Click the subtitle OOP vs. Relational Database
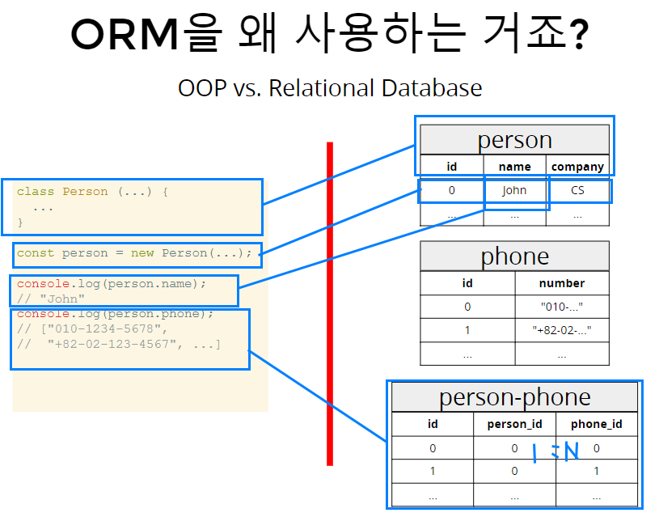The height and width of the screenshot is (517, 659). tap(329, 87)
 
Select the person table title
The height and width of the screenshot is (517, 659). tap(514, 140)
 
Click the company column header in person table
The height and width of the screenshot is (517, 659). tap(577, 167)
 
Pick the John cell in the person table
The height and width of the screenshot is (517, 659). tap(514, 191)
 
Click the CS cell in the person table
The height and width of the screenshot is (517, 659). tap(577, 191)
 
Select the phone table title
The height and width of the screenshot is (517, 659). tap(514, 256)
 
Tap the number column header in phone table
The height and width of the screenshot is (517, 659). tap(561, 283)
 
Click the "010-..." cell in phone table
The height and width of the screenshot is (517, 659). tap(561, 307)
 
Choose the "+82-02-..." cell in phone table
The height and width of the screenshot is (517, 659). tap(561, 330)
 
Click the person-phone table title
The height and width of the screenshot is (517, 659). tap(514, 397)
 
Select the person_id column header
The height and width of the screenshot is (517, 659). tap(514, 424)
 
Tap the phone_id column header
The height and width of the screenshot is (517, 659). tap(597, 424)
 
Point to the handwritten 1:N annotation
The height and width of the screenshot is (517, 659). tap(556, 452)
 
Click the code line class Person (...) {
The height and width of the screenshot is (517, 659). tap(91, 192)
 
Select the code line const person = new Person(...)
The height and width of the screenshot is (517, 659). tap(134, 253)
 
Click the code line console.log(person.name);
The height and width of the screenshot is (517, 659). tap(112, 284)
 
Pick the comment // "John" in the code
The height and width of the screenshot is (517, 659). tap(51, 299)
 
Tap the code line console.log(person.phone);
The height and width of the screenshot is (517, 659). tap(115, 314)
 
